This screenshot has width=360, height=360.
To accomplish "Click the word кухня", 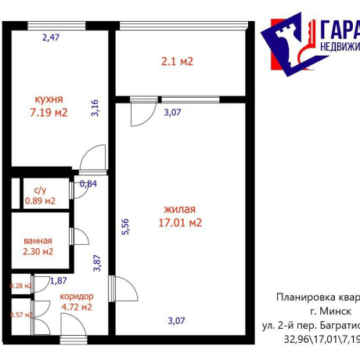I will click(x=49, y=99).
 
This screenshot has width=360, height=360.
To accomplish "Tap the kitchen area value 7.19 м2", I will click(x=49, y=112).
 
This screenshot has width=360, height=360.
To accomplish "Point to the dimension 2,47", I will click(x=50, y=36).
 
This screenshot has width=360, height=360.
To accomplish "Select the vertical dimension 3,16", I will click(x=95, y=107).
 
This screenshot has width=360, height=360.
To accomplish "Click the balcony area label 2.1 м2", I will click(x=177, y=61).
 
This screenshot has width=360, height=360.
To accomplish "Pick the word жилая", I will click(x=179, y=209).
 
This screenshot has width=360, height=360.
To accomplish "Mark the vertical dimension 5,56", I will click(x=124, y=227).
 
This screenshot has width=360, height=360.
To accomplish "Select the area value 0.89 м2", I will click(x=40, y=200).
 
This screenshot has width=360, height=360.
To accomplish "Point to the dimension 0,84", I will click(x=89, y=185).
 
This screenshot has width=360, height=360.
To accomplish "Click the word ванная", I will click(x=38, y=240).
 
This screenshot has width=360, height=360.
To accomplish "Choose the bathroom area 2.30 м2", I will click(x=38, y=252).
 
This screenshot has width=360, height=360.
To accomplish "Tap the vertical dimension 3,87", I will click(x=98, y=264).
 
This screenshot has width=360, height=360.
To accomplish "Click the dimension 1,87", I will click(x=59, y=281).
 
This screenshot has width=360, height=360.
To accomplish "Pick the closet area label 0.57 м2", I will click(x=20, y=315).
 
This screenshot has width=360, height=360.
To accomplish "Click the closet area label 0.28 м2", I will click(x=20, y=286).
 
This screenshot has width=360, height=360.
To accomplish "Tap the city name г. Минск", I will click(x=333, y=311).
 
